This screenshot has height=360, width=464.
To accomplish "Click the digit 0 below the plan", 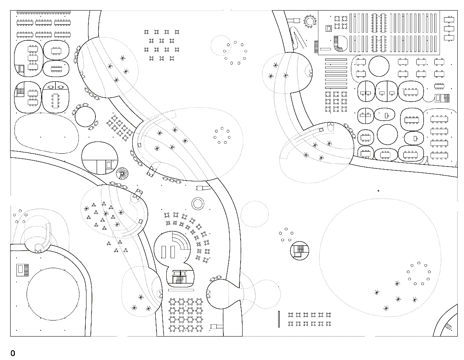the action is point(13,353).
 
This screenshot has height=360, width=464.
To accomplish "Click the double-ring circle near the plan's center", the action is point(198,204).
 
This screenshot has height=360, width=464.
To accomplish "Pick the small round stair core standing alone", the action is point(299,251).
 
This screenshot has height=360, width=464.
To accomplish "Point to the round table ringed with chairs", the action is point(310,21).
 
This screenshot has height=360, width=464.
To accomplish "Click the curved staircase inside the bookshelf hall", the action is point(340,44).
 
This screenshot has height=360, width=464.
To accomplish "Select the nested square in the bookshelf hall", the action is point(329,29).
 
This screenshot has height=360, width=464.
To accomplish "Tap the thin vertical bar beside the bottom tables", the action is point(279,319).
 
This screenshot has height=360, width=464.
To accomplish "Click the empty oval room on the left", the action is point(47,133).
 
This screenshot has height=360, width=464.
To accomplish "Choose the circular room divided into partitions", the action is point(99,158).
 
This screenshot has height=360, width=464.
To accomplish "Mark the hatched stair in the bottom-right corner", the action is point(449,327).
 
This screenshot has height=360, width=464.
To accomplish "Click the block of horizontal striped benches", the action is point(336,73).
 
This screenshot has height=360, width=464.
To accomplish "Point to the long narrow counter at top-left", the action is point(43,13).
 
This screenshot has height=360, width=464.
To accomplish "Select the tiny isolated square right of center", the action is point(378,191).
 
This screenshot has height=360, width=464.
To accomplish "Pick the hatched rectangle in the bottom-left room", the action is point(23,270).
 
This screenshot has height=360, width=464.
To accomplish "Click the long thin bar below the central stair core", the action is point(181,290).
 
